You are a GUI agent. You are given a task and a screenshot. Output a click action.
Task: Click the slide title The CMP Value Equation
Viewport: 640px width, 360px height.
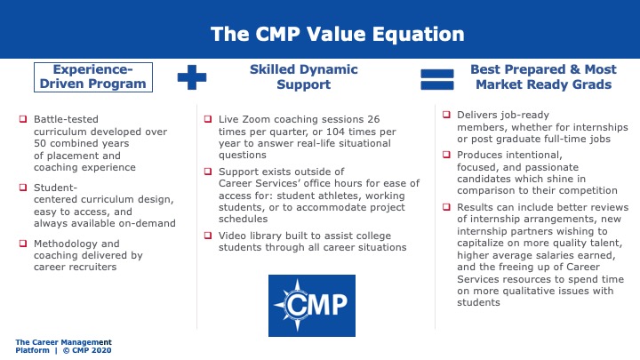point(338,34)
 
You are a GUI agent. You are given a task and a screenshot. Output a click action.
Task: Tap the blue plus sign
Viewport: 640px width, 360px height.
point(192,77)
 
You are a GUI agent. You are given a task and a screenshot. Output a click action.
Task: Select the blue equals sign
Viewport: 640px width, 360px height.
point(437,79)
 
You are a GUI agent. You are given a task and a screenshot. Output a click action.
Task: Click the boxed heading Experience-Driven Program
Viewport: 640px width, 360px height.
point(93,77)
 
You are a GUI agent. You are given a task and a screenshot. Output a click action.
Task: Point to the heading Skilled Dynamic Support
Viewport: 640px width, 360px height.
point(304,76)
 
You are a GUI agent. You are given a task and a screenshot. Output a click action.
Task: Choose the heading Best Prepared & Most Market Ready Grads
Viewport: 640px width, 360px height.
point(544,76)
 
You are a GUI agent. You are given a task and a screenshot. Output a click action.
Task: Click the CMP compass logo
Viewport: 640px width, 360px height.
point(312,306)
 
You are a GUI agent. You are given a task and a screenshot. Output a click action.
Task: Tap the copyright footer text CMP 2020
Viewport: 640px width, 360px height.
point(87,350)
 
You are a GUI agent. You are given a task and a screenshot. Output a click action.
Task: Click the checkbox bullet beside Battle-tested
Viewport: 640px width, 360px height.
point(23,119)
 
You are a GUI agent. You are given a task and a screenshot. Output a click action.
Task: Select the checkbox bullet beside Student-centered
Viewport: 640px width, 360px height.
point(23,188)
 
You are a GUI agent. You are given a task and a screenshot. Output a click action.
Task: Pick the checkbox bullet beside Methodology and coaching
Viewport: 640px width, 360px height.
point(23,244)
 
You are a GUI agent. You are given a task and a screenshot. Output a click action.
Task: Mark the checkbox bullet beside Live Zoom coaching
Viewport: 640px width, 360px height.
point(208,119)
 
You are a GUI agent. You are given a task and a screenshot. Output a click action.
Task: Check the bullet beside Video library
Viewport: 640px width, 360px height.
point(208,235)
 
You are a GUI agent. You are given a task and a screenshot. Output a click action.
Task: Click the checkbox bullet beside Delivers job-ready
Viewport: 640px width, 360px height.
point(446,115)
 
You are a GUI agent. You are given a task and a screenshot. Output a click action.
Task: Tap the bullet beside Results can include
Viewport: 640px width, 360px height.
point(446,207)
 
